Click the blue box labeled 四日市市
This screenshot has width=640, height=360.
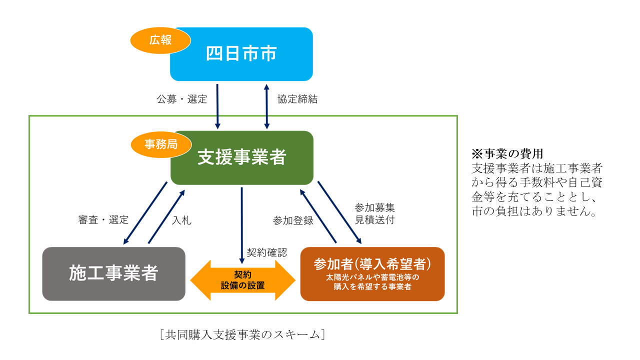point(241,54)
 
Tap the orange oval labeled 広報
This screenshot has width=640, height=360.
point(160,40)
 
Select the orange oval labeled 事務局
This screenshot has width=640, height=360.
point(161,144)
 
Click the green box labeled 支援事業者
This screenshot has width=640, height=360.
point(242,157)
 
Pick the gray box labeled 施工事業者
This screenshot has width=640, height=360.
point(113,273)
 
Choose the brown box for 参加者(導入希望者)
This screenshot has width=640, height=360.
point(372,273)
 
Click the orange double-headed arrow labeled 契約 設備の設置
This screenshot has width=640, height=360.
point(242,280)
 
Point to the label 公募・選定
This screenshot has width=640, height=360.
point(181,99)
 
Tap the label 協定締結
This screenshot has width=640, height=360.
point(297,99)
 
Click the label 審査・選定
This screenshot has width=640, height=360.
point(103,220)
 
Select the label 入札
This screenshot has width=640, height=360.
point(181,220)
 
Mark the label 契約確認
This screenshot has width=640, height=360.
point(267,252)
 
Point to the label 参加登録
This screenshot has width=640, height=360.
point(293,220)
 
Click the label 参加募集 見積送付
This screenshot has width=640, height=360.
point(374,213)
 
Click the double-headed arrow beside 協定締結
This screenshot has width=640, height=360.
point(267,106)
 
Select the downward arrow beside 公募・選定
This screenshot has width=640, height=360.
point(217,106)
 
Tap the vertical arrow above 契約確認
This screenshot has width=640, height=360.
point(241,225)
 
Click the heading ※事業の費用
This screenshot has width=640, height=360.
point(507,154)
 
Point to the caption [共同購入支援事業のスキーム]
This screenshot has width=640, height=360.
point(242,334)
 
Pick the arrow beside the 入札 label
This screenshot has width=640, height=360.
point(166,217)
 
